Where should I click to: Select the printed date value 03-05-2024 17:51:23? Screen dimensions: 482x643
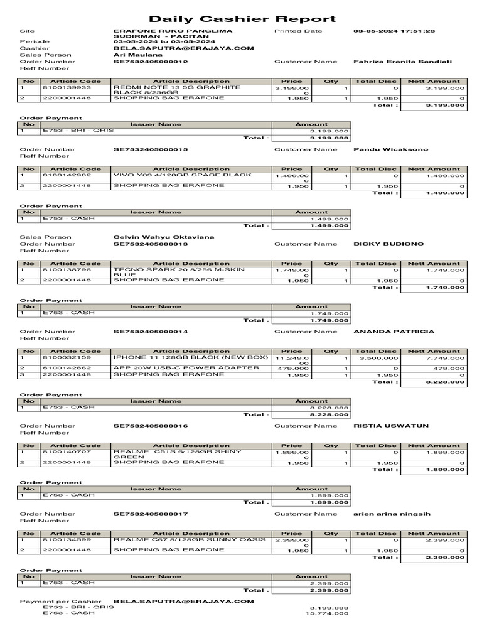[394, 31]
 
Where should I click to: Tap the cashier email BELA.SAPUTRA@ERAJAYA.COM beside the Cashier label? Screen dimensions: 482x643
[183, 48]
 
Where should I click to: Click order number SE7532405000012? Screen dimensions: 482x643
[150, 62]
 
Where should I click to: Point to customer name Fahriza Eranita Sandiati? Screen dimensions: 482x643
[403, 62]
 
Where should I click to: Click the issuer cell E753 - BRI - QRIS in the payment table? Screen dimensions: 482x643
[70, 131]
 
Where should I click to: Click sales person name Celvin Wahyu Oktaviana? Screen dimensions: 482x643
[163, 237]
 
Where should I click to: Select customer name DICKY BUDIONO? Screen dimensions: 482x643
[388, 244]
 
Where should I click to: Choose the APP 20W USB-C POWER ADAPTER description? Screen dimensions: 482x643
[186, 368]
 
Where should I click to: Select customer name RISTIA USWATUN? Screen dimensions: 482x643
[391, 426]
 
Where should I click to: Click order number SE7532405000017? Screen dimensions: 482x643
[150, 514]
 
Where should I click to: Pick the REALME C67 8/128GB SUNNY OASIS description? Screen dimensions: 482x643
[189, 539]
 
